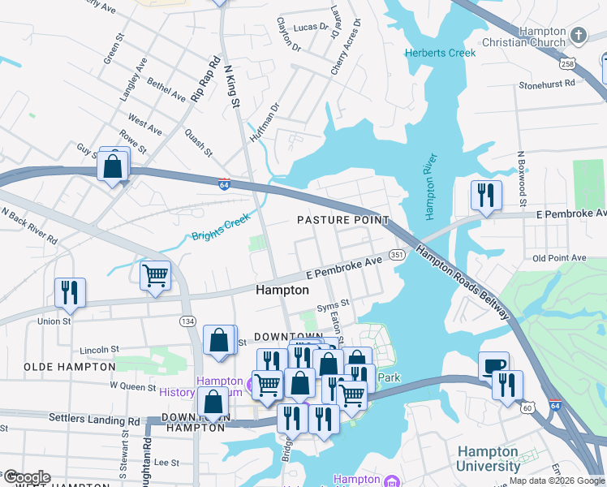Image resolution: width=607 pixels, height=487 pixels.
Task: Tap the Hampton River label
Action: click(x=430, y=186)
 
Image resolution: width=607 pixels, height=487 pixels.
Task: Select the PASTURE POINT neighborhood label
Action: click(x=342, y=221)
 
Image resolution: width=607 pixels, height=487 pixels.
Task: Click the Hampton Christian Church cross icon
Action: click(x=578, y=35)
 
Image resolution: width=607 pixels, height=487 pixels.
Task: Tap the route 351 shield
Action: click(x=397, y=255)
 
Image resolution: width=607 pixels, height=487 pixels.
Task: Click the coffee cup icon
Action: click(x=493, y=364)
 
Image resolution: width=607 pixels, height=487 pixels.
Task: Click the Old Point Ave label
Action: click(x=559, y=258)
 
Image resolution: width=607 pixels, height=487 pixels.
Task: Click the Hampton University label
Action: click(x=489, y=459)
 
